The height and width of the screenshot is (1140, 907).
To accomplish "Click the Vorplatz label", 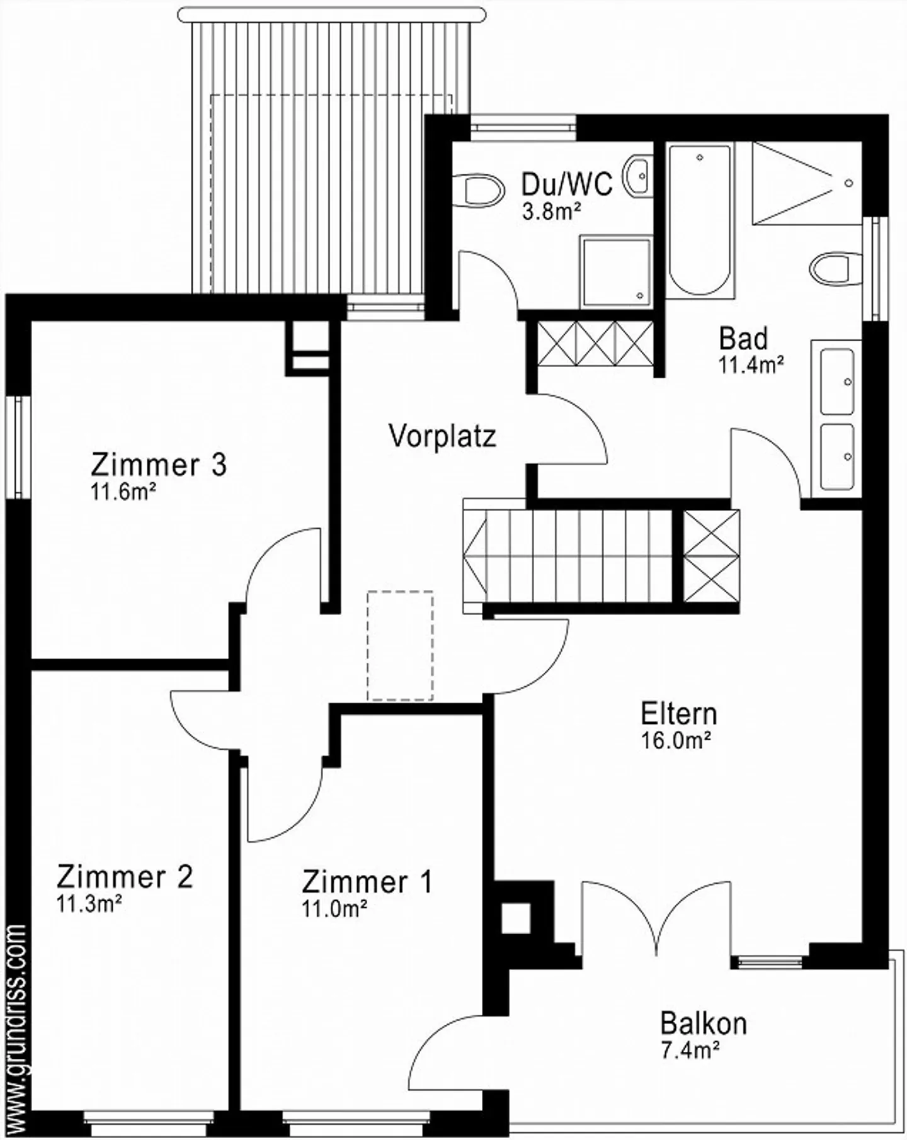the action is [x=442, y=436].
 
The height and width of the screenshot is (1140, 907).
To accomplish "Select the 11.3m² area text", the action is [x=89, y=904].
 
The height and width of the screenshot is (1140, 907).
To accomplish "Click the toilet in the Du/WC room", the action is [x=482, y=189].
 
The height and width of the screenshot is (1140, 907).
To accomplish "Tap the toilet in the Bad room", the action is [x=835, y=269].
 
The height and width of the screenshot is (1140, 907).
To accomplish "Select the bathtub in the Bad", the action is [x=700, y=220].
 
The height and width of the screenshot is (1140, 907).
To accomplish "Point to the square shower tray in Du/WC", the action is [x=615, y=272].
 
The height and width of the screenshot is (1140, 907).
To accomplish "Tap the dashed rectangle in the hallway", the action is [x=401, y=645].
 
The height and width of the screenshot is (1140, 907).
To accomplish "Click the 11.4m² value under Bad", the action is [x=751, y=364].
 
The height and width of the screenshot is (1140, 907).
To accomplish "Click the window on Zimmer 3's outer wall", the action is [x=18, y=448].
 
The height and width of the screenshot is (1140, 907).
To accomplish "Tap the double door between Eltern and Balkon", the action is [x=657, y=920].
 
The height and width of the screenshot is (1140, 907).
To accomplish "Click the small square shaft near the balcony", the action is [x=516, y=918].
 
